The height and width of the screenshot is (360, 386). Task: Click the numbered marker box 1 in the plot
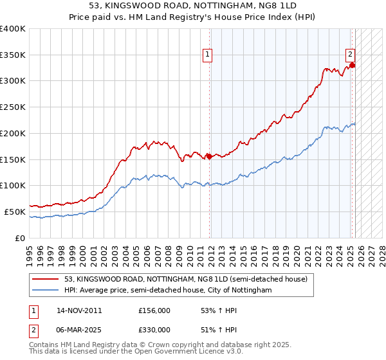coord(208,55)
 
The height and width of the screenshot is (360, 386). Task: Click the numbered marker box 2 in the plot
coord(350,55)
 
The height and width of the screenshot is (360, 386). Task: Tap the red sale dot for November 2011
coord(209,156)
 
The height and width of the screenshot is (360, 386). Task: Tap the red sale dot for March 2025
coord(352,64)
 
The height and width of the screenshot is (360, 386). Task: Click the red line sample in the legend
coord(45,279)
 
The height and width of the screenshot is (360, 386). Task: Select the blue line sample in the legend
coord(45,291)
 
